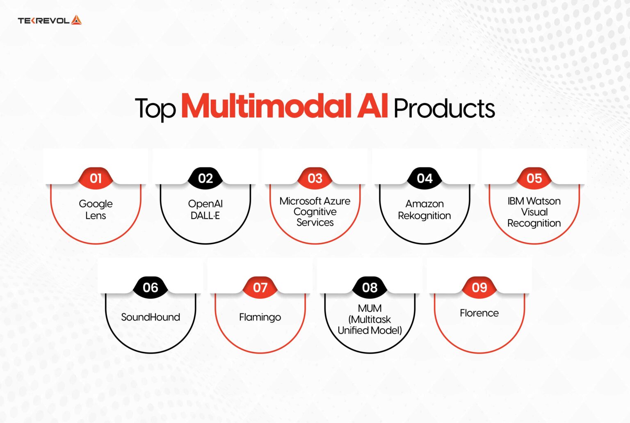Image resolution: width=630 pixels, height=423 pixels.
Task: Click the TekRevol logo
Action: pyautogui.click(x=50, y=20)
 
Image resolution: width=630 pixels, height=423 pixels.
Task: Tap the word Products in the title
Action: pyautogui.click(x=444, y=109)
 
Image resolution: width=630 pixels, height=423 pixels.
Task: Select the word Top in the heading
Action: pyautogui.click(x=155, y=109)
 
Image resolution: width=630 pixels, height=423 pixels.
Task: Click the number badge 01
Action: pyautogui.click(x=96, y=178)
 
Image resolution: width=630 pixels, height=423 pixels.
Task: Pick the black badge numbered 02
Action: pyautogui.click(x=205, y=178)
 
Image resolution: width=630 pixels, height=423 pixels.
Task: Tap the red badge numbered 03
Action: pyautogui.click(x=315, y=178)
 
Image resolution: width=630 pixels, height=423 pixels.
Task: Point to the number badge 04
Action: pyautogui.click(x=425, y=178)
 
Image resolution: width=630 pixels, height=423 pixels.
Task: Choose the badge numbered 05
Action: pyautogui.click(x=534, y=178)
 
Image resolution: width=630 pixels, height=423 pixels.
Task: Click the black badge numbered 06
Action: pyautogui.click(x=151, y=288)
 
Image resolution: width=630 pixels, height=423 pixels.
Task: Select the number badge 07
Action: pyautogui.click(x=260, y=288)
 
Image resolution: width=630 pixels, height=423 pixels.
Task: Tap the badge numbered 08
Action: pyautogui.click(x=370, y=288)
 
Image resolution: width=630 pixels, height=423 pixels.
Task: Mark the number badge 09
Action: pyautogui.click(x=479, y=288)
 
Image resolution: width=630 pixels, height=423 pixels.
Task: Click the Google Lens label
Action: pyautogui.click(x=96, y=210)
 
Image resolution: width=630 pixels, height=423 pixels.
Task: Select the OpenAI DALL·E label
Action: pyautogui.click(x=205, y=210)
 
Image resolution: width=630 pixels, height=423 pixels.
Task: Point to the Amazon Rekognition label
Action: pyautogui.click(x=425, y=210)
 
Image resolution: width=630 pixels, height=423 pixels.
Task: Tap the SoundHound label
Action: pyautogui.click(x=151, y=317)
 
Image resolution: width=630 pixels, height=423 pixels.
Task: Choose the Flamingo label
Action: pyautogui.click(x=260, y=317)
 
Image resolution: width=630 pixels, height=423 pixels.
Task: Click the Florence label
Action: pyautogui.click(x=479, y=313)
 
